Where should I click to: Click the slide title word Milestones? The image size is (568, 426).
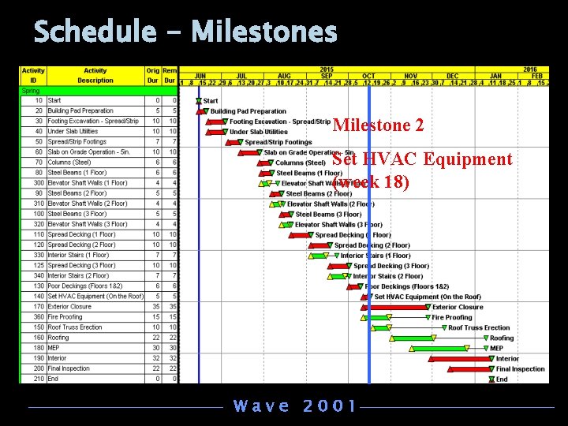tap(263, 32)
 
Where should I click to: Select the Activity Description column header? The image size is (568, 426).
tap(95, 75)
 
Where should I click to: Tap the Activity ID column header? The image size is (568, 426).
tap(33, 75)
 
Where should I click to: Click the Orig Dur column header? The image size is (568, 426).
tap(152, 75)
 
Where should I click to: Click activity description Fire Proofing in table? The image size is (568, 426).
tap(65, 317)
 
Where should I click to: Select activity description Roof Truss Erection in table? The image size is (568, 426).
tap(75, 327)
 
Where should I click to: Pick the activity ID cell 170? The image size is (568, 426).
tap(38, 307)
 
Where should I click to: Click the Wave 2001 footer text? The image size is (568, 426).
tap(295, 406)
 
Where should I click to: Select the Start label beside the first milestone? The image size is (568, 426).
tap(211, 101)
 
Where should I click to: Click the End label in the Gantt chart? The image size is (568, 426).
tap(502, 379)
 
